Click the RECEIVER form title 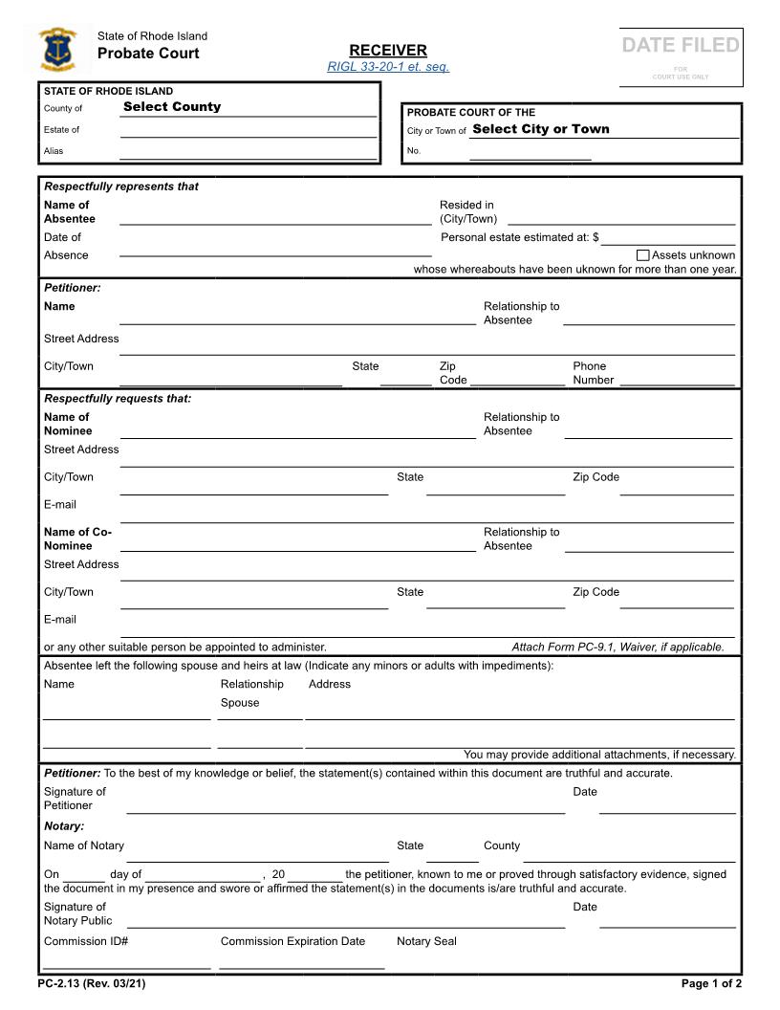pos(388,50)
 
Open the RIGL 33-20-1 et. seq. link pos(388,66)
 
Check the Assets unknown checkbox pos(642,255)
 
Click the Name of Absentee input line pos(275,217)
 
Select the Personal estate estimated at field pos(667,237)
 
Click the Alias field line pos(248,151)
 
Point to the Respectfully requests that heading pos(118,399)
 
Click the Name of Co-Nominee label pos(77,538)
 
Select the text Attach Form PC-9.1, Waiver pos(617,647)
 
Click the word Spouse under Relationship pos(240,703)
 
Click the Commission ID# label pos(86,941)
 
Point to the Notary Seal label pos(426,941)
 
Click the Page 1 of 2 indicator pos(711,983)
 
